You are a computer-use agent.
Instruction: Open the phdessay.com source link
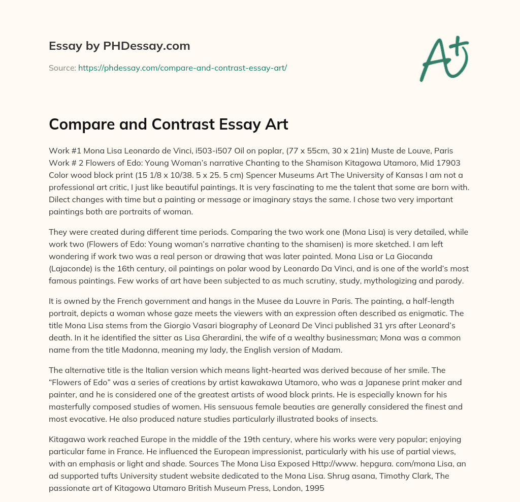[182, 67]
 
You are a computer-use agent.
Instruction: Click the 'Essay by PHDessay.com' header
[119, 46]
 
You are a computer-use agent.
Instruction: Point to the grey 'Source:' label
[62, 67]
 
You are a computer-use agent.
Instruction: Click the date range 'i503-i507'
[207, 151]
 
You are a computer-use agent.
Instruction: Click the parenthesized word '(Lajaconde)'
[71, 268]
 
